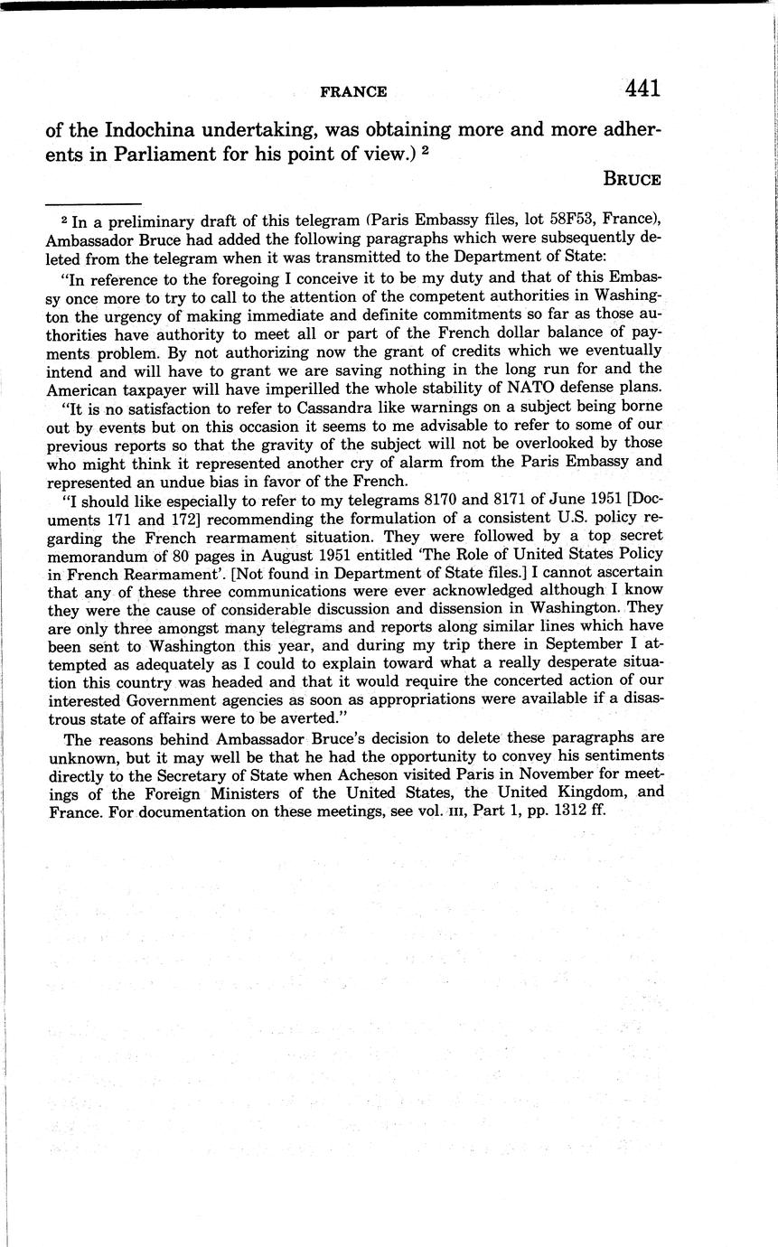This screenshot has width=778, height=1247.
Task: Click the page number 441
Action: point(642,89)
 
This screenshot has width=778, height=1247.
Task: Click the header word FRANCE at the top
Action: point(353,92)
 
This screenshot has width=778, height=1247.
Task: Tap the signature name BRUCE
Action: point(632,179)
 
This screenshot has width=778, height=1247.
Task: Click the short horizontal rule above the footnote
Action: point(94,204)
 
